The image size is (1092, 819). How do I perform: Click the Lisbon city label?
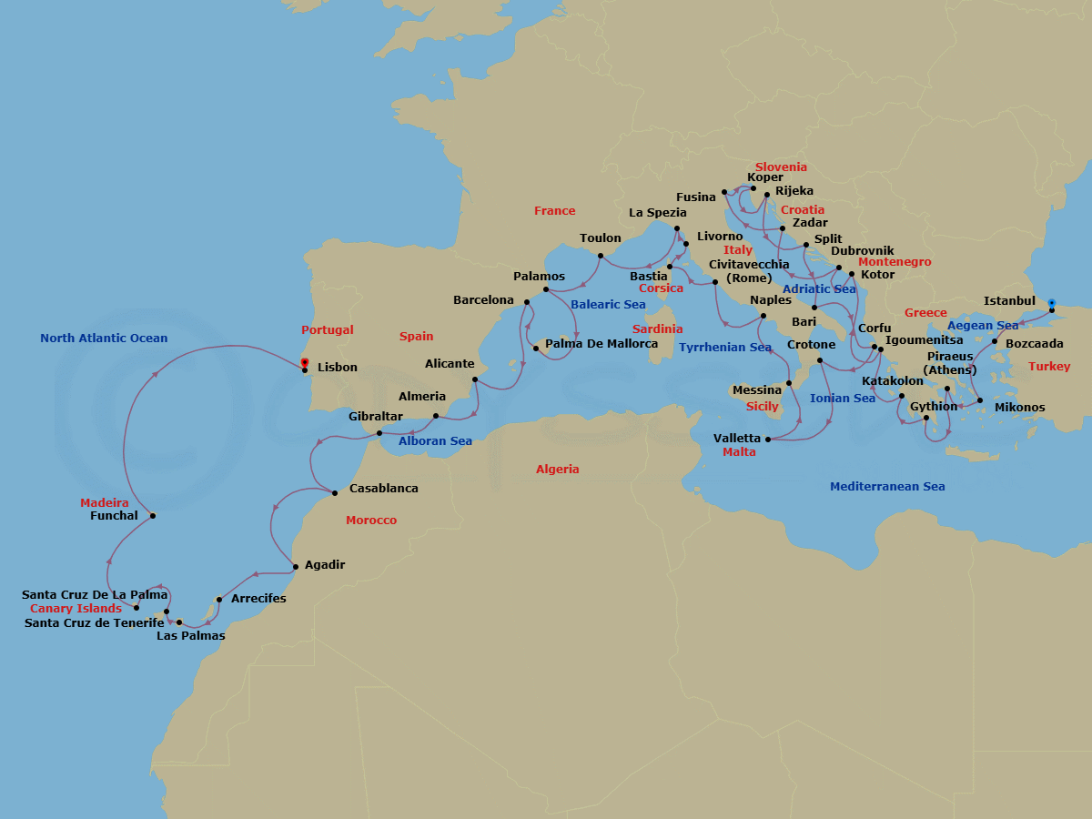337,368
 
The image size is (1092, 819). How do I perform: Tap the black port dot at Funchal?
153,516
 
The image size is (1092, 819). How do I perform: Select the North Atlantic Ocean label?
104,339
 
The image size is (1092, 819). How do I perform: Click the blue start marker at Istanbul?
1052,303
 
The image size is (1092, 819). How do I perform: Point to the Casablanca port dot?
335,493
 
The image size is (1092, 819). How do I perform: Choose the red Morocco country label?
371,521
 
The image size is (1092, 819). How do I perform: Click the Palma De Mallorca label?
602,344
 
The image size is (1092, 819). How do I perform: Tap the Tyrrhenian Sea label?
724,348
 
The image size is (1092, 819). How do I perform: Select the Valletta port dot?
768,440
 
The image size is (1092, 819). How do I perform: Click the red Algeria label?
557,470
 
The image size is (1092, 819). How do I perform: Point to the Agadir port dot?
296,568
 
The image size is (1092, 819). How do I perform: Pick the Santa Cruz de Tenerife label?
95,623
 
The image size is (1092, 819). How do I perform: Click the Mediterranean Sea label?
887,487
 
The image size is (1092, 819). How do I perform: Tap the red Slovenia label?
781,167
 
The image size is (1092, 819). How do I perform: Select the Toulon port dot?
601,256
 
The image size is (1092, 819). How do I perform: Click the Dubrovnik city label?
863,251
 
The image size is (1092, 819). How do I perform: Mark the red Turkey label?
1049,367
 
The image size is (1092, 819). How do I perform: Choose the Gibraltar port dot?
380,433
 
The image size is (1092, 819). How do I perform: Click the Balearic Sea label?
608,305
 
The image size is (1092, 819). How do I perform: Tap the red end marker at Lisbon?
304,362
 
